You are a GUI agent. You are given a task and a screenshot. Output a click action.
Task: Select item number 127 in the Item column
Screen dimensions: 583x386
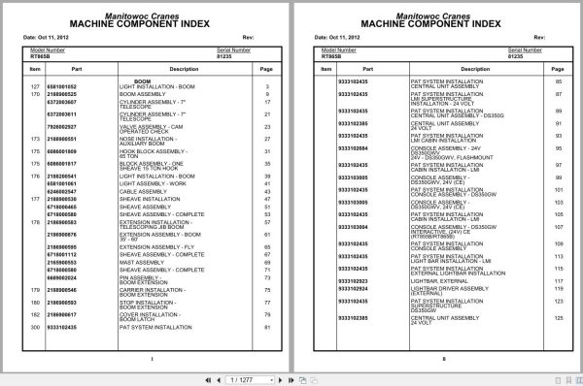(35, 87)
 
